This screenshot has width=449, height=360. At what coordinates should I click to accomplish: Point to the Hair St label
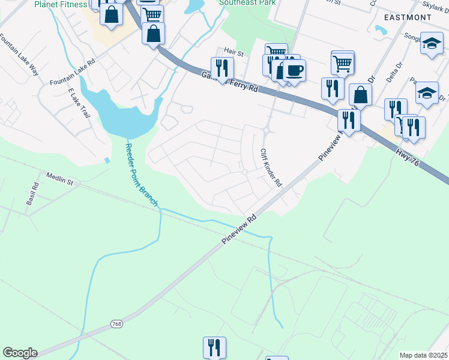(234, 53)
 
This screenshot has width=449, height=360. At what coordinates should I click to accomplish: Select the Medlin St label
(59, 179)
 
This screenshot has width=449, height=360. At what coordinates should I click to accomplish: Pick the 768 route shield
(116, 324)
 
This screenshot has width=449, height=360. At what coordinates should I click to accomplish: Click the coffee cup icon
(294, 70)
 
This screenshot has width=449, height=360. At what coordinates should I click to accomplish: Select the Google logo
(20, 353)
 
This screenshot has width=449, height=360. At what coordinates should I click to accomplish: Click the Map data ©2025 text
(424, 355)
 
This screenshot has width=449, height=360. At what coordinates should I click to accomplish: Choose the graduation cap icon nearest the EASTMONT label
(432, 43)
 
